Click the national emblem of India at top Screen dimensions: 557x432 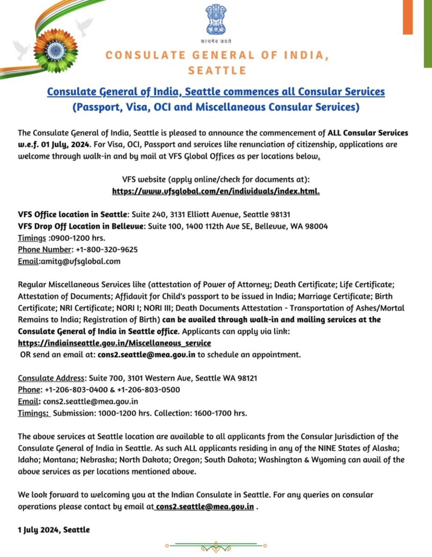coord(216,20)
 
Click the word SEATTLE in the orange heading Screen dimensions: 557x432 coord(217,70)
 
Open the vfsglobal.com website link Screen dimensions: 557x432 coord(216,191)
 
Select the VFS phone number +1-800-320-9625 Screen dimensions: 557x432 coord(107,250)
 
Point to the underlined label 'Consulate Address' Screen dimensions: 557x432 coord(51,378)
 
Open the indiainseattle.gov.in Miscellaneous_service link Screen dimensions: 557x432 coord(114,343)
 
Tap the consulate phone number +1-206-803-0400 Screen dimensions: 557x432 coord(76,390)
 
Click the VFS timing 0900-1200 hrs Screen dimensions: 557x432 coord(78,238)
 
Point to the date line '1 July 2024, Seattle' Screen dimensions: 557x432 coord(54,530)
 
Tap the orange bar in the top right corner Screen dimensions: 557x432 coord(407,17)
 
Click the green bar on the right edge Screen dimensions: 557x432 coord(428,33)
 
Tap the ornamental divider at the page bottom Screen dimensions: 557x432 coord(216,546)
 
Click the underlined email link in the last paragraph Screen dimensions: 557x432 coord(205,507)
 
